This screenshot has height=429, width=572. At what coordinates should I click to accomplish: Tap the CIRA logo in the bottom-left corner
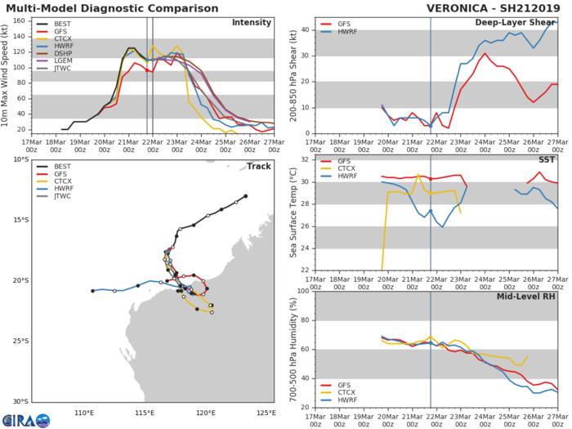pyautogui.click(x=28, y=421)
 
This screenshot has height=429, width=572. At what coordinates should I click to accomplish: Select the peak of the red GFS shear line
pyautogui.click(x=485, y=54)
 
